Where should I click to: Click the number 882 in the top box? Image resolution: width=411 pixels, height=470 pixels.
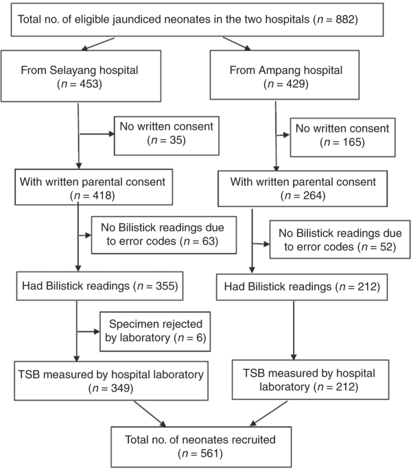tap(344, 19)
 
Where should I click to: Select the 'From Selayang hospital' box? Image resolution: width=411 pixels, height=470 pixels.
tap(81, 76)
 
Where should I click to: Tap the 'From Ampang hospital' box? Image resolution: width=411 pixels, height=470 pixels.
tap(285, 75)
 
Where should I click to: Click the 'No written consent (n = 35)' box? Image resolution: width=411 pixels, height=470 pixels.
tap(167, 136)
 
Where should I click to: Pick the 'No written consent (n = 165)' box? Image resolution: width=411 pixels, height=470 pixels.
tap(342, 137)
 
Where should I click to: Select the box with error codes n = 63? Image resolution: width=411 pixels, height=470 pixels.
tap(164, 235)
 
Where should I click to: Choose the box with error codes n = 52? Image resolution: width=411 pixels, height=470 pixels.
tap(340, 239)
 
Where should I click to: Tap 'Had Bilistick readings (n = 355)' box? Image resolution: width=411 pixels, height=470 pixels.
tap(99, 286)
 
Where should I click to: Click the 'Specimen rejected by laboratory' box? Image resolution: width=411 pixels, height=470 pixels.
tap(155, 331)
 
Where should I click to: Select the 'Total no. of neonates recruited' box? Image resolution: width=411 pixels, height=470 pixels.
tap(201, 447)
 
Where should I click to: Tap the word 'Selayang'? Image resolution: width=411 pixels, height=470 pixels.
tap(73, 71)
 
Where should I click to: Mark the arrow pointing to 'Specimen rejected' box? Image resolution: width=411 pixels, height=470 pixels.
tap(89, 331)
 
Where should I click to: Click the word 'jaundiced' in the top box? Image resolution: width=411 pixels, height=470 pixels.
tap(93, 19)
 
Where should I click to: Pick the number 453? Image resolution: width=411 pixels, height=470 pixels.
tap(89, 84)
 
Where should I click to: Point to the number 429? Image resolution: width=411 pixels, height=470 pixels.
tap(296, 84)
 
